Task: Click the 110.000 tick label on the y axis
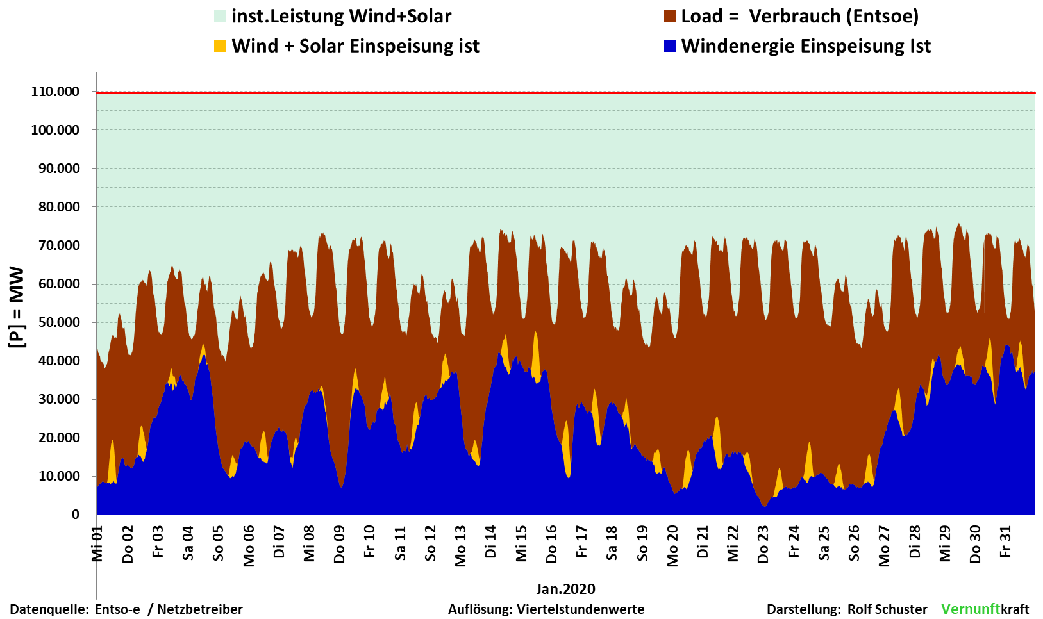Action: [x=55, y=92]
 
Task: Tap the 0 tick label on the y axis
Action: [x=75, y=515]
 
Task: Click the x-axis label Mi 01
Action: [x=97, y=544]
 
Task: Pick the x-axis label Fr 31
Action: [x=1006, y=542]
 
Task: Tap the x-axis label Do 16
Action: [x=551, y=544]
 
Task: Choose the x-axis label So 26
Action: [x=854, y=543]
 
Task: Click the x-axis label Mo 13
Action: [x=460, y=546]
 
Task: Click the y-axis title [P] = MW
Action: [x=17, y=308]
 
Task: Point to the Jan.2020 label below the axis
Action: [x=565, y=589]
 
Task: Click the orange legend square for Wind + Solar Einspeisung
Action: [x=221, y=46]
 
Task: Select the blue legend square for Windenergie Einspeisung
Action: [x=670, y=46]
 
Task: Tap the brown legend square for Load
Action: [x=670, y=17]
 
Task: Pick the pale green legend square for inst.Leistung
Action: [x=221, y=17]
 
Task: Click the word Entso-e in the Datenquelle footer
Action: [x=117, y=609]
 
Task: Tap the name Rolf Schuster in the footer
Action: [x=887, y=609]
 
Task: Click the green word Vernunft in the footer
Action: [x=971, y=609]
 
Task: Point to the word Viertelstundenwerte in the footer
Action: [x=581, y=609]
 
